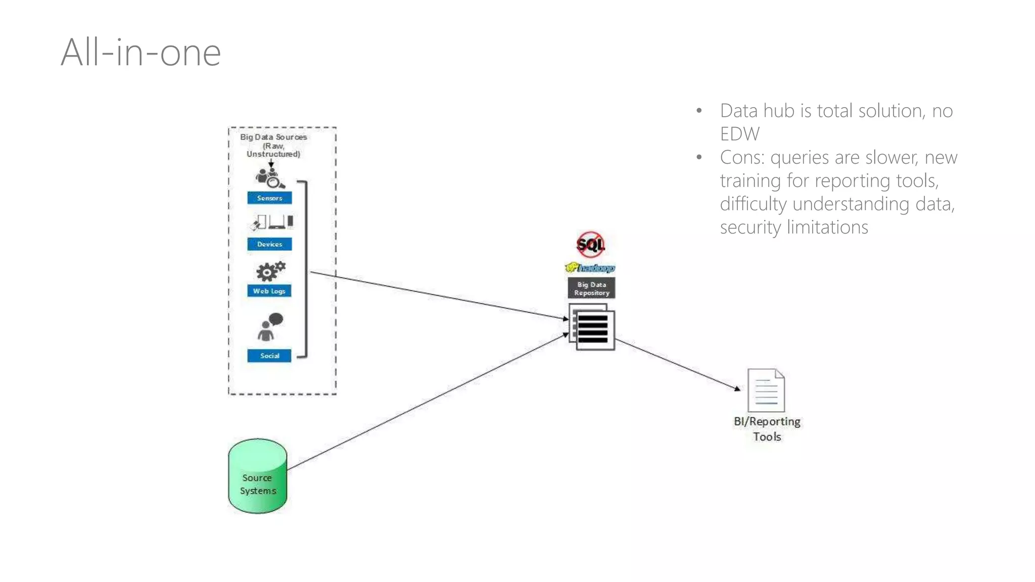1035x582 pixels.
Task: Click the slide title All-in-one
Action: tap(140, 53)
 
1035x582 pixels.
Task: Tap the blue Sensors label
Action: tap(269, 198)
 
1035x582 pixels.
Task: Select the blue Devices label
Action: tap(269, 244)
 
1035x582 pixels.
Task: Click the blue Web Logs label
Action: tap(269, 291)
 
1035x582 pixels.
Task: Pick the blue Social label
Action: tap(269, 356)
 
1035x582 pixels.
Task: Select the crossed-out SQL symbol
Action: tap(590, 245)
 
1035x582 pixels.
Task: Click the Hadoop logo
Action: tap(590, 268)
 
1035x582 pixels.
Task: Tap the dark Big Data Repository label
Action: tap(591, 288)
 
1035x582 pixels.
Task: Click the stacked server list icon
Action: tap(592, 327)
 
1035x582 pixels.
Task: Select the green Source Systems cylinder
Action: tap(258, 476)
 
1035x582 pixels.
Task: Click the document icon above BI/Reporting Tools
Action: tap(766, 391)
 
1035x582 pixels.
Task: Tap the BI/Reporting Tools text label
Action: tap(767, 428)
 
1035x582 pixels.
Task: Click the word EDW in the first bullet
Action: tap(739, 134)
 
